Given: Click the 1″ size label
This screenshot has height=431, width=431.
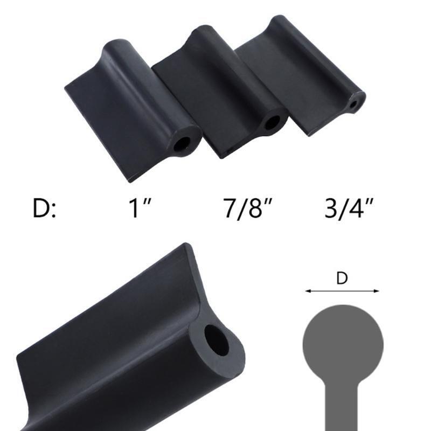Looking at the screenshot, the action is pyautogui.click(x=140, y=208).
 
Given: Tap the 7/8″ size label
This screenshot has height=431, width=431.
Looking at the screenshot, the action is pyautogui.click(x=248, y=208).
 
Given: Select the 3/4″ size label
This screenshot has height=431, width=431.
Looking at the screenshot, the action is pyautogui.click(x=349, y=208).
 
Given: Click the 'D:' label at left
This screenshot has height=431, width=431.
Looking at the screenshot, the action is pyautogui.click(x=44, y=208).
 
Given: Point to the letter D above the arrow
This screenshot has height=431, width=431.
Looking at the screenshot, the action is pyautogui.click(x=342, y=278).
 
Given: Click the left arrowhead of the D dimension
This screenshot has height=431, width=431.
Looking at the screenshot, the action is pyautogui.click(x=308, y=291).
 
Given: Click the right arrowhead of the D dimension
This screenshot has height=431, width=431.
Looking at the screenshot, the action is pyautogui.click(x=376, y=291).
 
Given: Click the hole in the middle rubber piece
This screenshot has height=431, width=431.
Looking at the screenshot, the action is pyautogui.click(x=272, y=122).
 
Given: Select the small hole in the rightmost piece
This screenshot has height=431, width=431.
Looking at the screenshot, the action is pyautogui.click(x=354, y=105).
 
